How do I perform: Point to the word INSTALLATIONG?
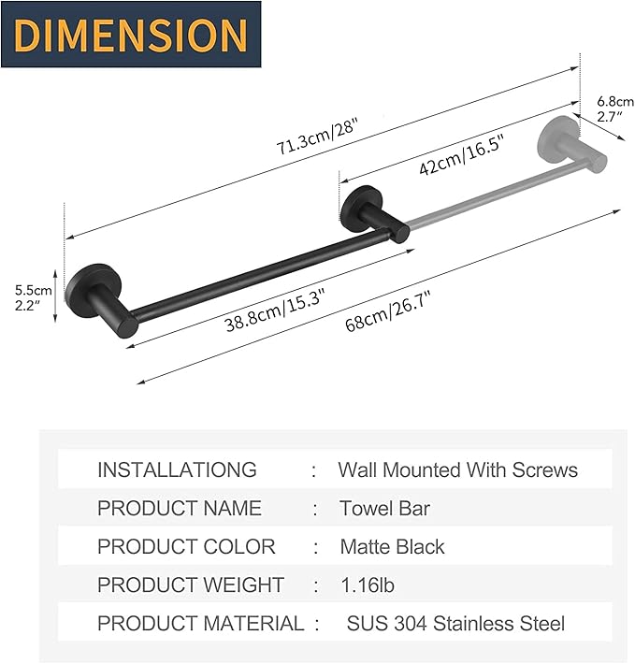(177, 469)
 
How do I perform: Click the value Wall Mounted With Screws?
(457, 469)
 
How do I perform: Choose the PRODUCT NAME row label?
(180, 509)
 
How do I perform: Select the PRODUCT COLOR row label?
(186, 547)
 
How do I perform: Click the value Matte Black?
(392, 547)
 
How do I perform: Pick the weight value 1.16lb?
(368, 585)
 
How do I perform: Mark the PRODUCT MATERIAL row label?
(201, 623)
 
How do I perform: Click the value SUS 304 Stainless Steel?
(455, 623)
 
